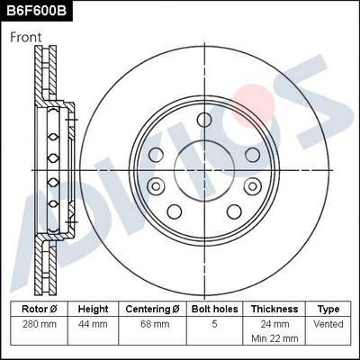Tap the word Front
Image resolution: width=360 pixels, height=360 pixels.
pos(26,37)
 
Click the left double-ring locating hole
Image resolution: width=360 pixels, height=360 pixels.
pos(156,185)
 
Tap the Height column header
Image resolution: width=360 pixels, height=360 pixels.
pos(93,308)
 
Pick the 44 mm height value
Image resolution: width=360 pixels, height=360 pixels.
pos(93,322)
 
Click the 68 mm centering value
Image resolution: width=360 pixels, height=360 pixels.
pos(152,322)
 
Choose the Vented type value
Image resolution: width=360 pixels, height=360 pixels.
pos(328,322)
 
